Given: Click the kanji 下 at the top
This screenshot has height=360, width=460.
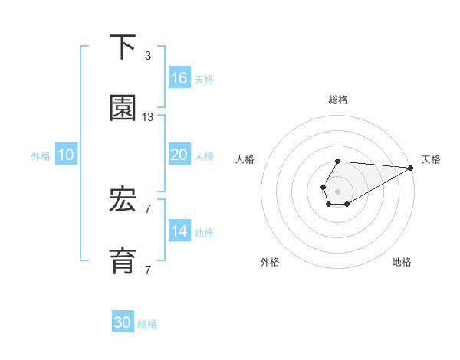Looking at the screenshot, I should [x=123, y=48].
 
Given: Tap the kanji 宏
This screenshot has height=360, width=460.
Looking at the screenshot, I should [x=123, y=201].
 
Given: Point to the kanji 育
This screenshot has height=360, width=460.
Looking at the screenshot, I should [x=123, y=260].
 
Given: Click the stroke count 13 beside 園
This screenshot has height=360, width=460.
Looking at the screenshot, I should [x=148, y=117].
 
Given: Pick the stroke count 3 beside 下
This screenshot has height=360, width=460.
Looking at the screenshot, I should [x=148, y=56].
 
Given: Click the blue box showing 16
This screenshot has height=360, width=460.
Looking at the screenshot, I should [x=179, y=78].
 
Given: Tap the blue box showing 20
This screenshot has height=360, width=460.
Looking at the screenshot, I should [x=179, y=155].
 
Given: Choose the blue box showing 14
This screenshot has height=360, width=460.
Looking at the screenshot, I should [x=179, y=231].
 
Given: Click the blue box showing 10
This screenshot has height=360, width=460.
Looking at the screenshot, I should [x=66, y=155].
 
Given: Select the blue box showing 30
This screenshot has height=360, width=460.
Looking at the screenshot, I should [x=123, y=322].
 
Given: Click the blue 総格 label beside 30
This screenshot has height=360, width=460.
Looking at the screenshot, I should [x=148, y=324].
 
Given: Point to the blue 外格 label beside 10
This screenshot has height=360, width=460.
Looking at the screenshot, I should [x=41, y=156].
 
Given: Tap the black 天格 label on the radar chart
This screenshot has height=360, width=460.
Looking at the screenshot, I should [x=431, y=159].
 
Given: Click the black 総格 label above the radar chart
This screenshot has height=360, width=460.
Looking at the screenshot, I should [x=338, y=100].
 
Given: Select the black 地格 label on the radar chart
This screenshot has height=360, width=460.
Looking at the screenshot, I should [x=402, y=262].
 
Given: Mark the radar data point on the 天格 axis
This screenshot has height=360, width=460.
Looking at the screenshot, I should [x=410, y=168].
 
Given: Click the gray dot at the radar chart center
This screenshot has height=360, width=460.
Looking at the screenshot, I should [x=338, y=190].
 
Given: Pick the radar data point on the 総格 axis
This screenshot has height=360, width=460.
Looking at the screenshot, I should [x=338, y=162].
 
